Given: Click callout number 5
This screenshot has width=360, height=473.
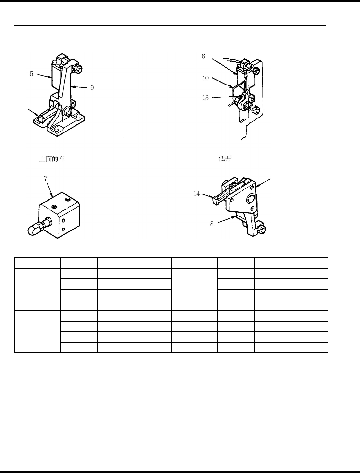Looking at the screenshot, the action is pyautogui.click(x=32, y=74).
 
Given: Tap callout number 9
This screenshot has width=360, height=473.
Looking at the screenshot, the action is pyautogui.click(x=92, y=88).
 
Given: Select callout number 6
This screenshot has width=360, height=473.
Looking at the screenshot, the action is pyautogui.click(x=203, y=56).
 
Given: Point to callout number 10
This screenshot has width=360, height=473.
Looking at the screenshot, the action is pyautogui.click(x=205, y=78).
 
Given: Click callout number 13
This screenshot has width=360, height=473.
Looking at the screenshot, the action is pyautogui.click(x=205, y=98).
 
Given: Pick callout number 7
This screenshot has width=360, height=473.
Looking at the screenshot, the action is pyautogui.click(x=46, y=178).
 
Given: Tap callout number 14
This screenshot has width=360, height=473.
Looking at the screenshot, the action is pyautogui.click(x=196, y=194).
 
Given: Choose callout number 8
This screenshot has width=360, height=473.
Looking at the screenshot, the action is pyautogui.click(x=212, y=224).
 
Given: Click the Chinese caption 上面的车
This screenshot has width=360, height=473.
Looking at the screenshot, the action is pyautogui.click(x=52, y=159).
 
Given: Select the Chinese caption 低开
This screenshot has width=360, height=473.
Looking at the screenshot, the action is pyautogui.click(x=225, y=159).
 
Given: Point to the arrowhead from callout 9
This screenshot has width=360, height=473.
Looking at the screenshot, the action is pyautogui.click(x=72, y=87).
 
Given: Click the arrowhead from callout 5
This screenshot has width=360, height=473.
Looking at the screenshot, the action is pyautogui.click(x=51, y=77).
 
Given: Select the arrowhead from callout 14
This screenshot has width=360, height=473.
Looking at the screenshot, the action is pyautogui.click(x=212, y=196).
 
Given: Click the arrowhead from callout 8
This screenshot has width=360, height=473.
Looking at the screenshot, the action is pyautogui.click(x=235, y=216).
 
